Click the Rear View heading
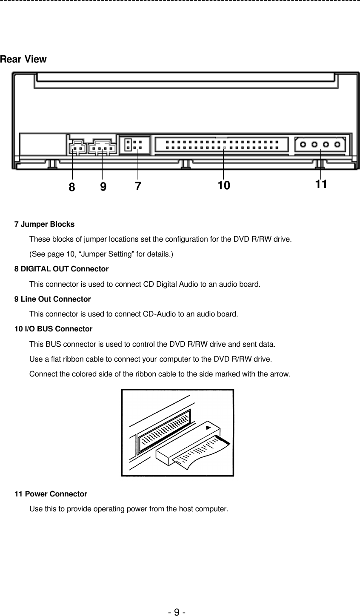coord(23,59)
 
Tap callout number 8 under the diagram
coord(72,187)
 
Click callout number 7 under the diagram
coord(137,186)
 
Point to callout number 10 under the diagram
coord(223,185)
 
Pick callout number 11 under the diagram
coord(321,184)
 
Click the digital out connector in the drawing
coord(77,148)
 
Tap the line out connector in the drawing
coord(102,147)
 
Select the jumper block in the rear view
coord(136,145)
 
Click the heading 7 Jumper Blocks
coord(44,224)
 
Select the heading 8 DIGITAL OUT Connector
coord(61,269)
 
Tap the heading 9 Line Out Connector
coord(52,299)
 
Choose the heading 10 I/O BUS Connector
coord(53,329)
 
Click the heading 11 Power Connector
coord(51,494)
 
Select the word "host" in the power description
coord(185,509)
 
